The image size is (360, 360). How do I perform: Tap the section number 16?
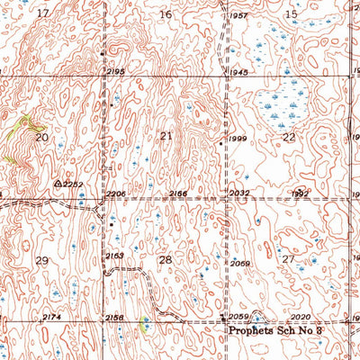tap(165, 14)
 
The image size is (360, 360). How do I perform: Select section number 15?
tap(291, 14)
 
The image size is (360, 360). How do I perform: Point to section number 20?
tap(41, 137)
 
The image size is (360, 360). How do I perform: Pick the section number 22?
tap(289, 137)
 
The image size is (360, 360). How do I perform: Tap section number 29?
tap(41, 260)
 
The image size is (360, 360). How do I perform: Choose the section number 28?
tap(165, 260)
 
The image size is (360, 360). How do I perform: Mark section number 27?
tap(288, 259)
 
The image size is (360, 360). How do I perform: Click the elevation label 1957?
tap(238, 17)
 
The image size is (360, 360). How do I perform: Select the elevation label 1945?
tap(238, 72)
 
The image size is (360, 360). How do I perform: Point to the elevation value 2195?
tap(114, 71)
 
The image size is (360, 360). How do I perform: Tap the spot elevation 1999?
tap(238, 139)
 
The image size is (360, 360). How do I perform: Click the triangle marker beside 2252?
tap(58, 183)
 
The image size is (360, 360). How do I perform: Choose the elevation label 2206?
tap(115, 193)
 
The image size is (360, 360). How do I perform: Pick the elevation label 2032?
tap(238, 193)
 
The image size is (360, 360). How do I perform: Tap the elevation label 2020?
tap(300, 318)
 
